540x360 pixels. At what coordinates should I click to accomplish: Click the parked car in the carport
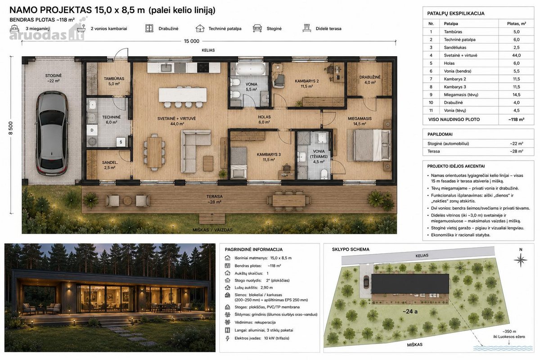pyautogui.click(x=52, y=133)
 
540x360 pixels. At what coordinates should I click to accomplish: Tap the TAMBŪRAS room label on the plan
pyautogui.click(x=114, y=79)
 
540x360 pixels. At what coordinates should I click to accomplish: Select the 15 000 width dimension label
pyautogui.click(x=192, y=41)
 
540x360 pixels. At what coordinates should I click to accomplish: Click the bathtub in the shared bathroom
pyautogui.click(x=251, y=69)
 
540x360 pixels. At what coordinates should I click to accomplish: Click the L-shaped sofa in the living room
pyautogui.click(x=195, y=151)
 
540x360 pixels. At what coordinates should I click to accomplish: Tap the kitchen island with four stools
pyautogui.click(x=183, y=97)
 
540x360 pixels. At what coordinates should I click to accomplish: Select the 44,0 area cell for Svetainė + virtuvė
pyautogui.click(x=517, y=55)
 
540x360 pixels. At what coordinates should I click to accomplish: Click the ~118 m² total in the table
pyautogui.click(x=517, y=120)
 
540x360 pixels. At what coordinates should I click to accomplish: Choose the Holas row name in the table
pyautogui.click(x=449, y=63)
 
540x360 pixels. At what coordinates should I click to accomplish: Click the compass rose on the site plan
pyautogui.click(x=520, y=260)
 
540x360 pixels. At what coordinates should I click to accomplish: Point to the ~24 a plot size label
pyautogui.click(x=410, y=311)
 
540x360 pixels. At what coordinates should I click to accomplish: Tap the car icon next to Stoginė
pyautogui.click(x=257, y=28)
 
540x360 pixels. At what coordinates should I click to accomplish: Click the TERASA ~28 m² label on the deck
pyautogui.click(x=214, y=199)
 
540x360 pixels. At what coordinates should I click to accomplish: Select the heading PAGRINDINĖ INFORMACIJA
pyautogui.click(x=254, y=250)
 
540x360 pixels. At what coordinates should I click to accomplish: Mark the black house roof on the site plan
pyautogui.click(x=410, y=283)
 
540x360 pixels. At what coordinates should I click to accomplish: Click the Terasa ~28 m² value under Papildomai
pyautogui.click(x=517, y=152)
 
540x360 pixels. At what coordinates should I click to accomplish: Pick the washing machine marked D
pyautogui.click(x=92, y=130)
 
